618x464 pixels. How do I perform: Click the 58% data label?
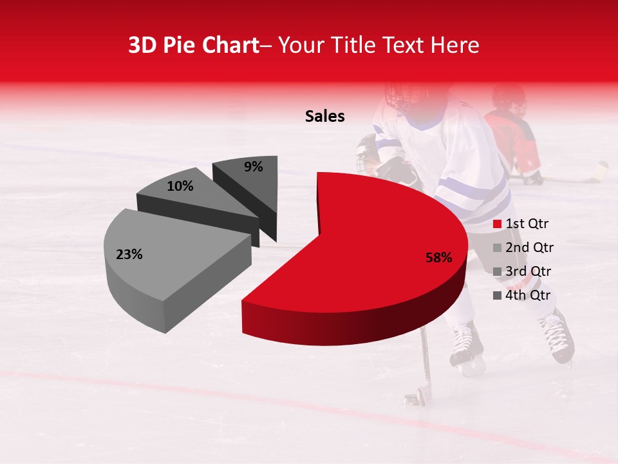(439, 258)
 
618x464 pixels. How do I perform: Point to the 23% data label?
(129, 255)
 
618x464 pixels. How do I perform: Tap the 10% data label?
(180, 186)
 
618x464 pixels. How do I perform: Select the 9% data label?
(254, 167)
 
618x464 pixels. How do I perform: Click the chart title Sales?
(324, 116)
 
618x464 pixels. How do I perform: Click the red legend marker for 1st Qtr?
(497, 224)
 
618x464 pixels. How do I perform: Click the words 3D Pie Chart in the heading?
(193, 45)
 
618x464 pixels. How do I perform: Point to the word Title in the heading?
(355, 45)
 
